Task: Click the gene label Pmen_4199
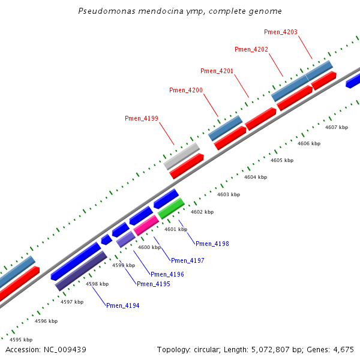click(142, 118)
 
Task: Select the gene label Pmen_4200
click(186, 90)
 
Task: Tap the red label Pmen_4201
click(217, 71)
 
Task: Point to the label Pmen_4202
click(251, 49)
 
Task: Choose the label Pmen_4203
click(281, 32)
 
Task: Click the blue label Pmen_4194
click(123, 305)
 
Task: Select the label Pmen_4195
click(154, 284)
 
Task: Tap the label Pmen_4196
click(167, 274)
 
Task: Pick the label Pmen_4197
click(188, 260)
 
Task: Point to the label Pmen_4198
click(212, 244)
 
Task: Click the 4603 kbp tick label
click(229, 194)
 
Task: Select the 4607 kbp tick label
click(337, 127)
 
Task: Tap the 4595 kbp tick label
click(21, 340)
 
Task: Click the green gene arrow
click(171, 208)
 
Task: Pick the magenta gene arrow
click(146, 225)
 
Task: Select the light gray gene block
click(181, 156)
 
